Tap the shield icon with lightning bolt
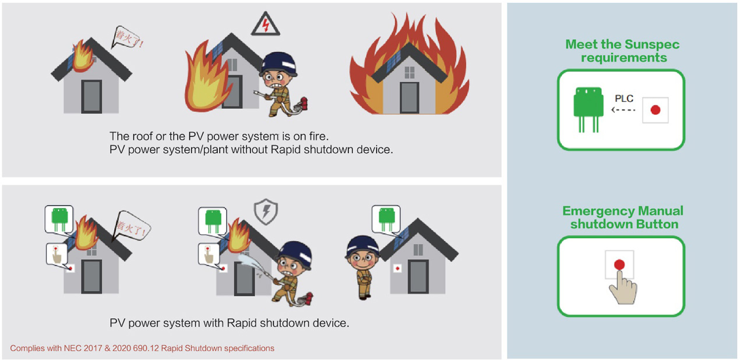pos(266,211)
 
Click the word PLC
pos(624,98)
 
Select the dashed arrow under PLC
pos(623,110)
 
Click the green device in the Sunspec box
pos(589,110)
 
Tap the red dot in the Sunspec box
pos(656,110)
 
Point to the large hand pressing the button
pos(623,287)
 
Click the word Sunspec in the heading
pos(652,44)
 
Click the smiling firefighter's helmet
pos(362,246)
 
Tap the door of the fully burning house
pos(410,98)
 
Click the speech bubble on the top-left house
pos(128,38)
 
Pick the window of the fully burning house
pos(410,72)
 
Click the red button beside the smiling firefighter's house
pos(397,269)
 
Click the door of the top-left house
pos(91,97)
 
